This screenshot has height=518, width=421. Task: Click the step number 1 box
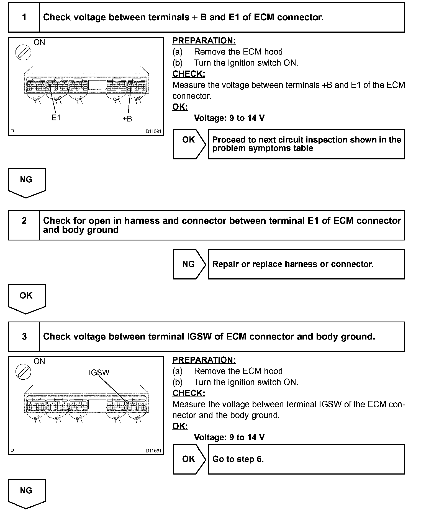pos(24,17)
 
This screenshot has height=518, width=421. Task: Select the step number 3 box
pos(24,336)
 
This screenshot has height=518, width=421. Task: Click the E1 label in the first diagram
pos(56,118)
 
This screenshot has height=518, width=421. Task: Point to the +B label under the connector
pos(127,119)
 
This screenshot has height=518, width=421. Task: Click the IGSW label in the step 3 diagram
pos(99,372)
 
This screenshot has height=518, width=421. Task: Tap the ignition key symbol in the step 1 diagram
pos(23,52)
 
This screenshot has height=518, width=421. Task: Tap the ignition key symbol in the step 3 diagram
pos(23,371)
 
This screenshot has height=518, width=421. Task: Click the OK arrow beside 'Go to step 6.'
pos(189,459)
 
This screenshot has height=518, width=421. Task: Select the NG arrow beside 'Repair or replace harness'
pos(189,264)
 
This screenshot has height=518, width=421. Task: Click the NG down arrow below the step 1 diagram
pos(26,182)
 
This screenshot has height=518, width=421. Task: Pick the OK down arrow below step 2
pos(26,297)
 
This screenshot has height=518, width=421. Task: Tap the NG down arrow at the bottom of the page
pos(26,493)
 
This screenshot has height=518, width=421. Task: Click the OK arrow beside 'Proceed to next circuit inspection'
pos(189,144)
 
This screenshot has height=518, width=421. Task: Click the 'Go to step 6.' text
pos(238,459)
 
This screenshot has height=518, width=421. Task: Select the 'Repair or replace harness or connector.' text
pos(293,264)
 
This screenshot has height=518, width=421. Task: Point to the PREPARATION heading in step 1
pos(204,41)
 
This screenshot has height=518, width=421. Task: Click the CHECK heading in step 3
pos(189,393)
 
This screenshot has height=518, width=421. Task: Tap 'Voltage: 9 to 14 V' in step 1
pos(229,118)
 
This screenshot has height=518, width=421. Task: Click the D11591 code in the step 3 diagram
pos(153,450)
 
